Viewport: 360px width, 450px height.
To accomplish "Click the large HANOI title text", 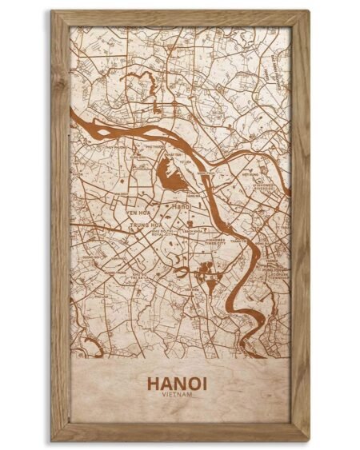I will click(x=180, y=384).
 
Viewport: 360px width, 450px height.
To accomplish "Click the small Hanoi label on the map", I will click(x=181, y=206).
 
